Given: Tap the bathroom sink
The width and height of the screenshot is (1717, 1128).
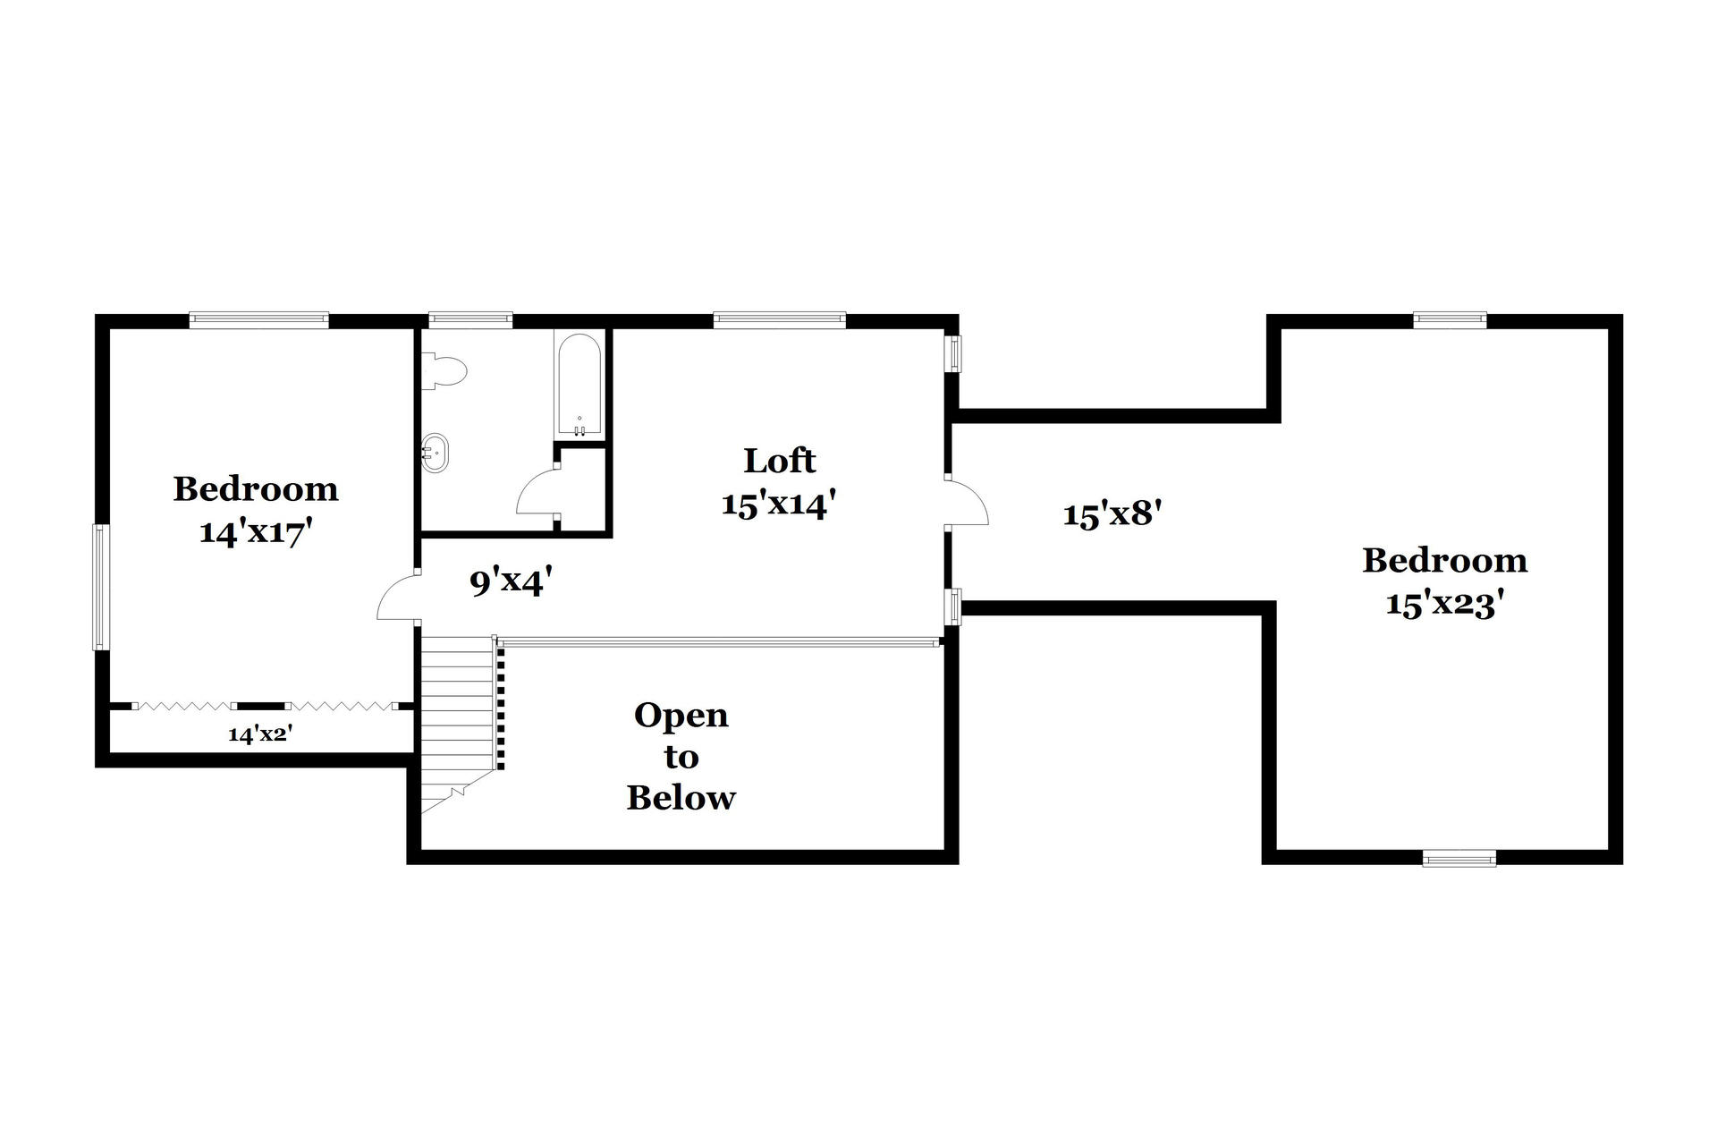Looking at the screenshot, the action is click(434, 453).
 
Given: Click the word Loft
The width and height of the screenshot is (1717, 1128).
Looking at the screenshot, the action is click(780, 461).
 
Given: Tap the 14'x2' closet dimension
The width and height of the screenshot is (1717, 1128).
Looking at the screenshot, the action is click(261, 734).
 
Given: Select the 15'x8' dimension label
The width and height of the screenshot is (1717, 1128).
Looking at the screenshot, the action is click(1112, 514).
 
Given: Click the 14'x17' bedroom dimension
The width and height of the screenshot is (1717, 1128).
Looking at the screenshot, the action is click(255, 532).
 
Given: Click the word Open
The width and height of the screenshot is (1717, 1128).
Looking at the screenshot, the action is click(681, 716).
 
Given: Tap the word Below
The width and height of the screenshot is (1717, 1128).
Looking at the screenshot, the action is click(681, 798).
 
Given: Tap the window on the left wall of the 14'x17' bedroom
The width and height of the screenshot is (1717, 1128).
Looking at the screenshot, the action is click(100, 587).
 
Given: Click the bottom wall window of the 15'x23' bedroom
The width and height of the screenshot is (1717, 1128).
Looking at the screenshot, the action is click(1459, 858).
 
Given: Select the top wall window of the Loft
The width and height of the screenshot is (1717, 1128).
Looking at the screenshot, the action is click(779, 319).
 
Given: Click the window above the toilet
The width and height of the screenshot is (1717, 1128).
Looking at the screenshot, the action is click(470, 319).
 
